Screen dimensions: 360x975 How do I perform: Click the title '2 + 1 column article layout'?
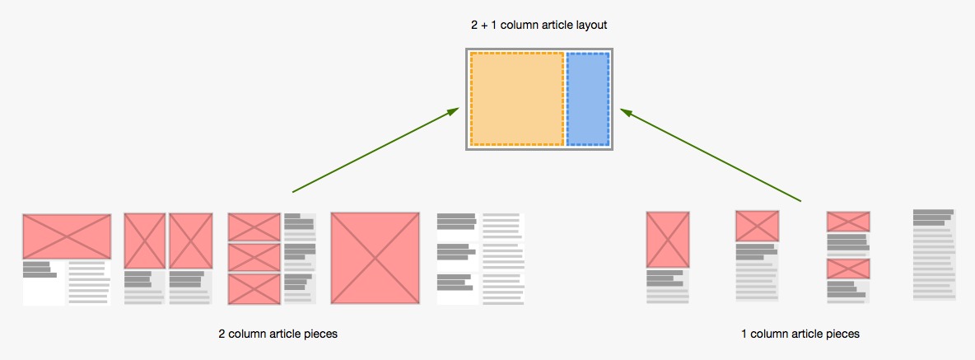click(x=539, y=26)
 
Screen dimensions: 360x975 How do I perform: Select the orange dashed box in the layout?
click(x=516, y=99)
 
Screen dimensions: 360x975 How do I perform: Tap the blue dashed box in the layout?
click(x=588, y=99)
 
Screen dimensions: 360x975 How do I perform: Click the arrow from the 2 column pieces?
click(x=376, y=151)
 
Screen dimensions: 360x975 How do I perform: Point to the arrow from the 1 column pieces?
click(x=711, y=155)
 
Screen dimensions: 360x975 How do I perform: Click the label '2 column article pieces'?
click(x=278, y=334)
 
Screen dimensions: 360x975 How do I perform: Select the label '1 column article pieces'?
click(x=800, y=334)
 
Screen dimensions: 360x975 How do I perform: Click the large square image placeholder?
click(x=375, y=259)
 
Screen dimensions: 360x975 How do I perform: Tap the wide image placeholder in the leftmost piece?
click(x=67, y=236)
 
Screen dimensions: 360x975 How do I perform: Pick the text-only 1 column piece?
click(x=934, y=255)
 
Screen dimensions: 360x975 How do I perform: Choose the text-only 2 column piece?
click(x=481, y=259)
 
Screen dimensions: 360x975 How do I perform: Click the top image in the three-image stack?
click(x=254, y=227)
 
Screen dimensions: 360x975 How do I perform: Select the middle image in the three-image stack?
click(x=254, y=257)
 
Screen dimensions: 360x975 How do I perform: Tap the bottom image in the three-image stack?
click(x=254, y=288)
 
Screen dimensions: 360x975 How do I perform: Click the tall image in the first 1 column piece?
click(x=667, y=240)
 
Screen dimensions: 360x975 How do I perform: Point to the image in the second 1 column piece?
click(x=757, y=226)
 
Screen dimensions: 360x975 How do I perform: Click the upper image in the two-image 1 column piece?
click(x=848, y=221)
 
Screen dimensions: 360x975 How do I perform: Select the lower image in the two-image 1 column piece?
click(x=848, y=269)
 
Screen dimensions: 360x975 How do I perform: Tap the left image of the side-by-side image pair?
click(x=145, y=241)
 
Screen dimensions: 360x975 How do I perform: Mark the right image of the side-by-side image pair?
click(x=191, y=241)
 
